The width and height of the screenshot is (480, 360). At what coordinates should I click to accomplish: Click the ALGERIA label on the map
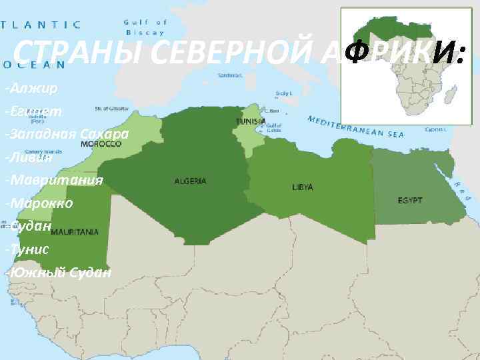tap(190, 181)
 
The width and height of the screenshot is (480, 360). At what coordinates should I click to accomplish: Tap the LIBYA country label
tap(302, 187)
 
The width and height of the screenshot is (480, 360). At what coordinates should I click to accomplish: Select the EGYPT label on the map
tap(409, 200)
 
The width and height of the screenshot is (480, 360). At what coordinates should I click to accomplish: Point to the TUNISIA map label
tap(251, 121)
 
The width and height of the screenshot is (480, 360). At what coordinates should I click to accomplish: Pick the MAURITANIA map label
tap(75, 232)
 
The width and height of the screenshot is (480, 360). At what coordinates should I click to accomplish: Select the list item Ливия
tap(27, 157)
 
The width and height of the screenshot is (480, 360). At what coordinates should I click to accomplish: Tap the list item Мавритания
tap(53, 181)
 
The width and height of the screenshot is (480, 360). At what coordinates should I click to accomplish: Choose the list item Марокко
tap(39, 203)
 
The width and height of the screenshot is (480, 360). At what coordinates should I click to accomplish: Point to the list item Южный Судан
tap(57, 273)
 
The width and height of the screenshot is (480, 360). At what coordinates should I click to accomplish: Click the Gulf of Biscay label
tap(144, 27)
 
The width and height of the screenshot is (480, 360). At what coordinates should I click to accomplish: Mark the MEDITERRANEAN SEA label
tap(356, 127)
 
